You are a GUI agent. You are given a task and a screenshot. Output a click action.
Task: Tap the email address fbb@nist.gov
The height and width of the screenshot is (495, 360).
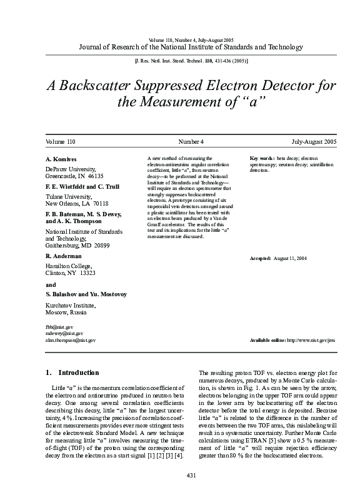coord(59,327)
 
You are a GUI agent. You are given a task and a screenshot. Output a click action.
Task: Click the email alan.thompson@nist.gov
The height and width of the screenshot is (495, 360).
coord(71,340)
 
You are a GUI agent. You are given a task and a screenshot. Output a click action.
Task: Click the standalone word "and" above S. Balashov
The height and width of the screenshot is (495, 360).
coord(51,284)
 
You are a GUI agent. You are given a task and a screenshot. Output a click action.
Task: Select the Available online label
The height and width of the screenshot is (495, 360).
coord(267,340)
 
